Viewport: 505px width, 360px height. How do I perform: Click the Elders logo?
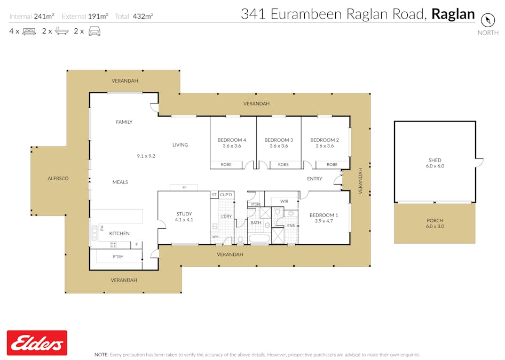[37, 343]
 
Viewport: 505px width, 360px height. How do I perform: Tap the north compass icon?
[487, 20]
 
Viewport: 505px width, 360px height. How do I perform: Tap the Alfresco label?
[58, 178]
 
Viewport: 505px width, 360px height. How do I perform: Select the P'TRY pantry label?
[118, 257]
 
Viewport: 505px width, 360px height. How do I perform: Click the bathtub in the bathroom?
[259, 239]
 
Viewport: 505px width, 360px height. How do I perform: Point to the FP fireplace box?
[184, 187]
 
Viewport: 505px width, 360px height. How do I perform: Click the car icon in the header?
[94, 31]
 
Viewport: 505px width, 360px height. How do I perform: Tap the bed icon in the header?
[29, 31]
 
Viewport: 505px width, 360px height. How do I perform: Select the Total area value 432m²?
[143, 16]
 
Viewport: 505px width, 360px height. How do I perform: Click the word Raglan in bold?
[453, 14]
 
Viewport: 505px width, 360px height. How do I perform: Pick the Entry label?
[314, 179]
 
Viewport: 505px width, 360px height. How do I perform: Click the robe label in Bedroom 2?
[332, 164]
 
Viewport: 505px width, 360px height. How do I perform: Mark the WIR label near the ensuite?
[284, 201]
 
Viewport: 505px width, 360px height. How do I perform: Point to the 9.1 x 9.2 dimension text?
[146, 156]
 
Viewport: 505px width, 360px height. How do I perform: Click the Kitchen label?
[119, 233]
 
